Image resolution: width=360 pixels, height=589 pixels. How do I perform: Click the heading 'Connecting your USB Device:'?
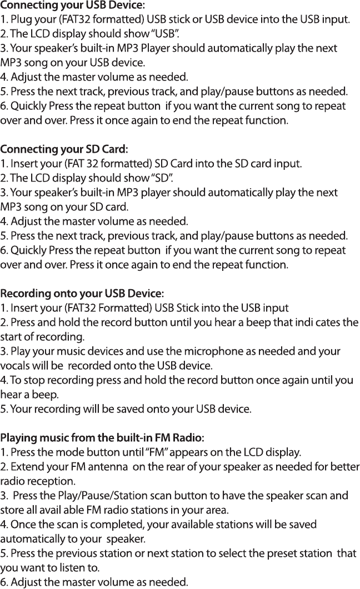click(73, 6)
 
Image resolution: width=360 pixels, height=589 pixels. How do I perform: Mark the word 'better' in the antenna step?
click(345, 466)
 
